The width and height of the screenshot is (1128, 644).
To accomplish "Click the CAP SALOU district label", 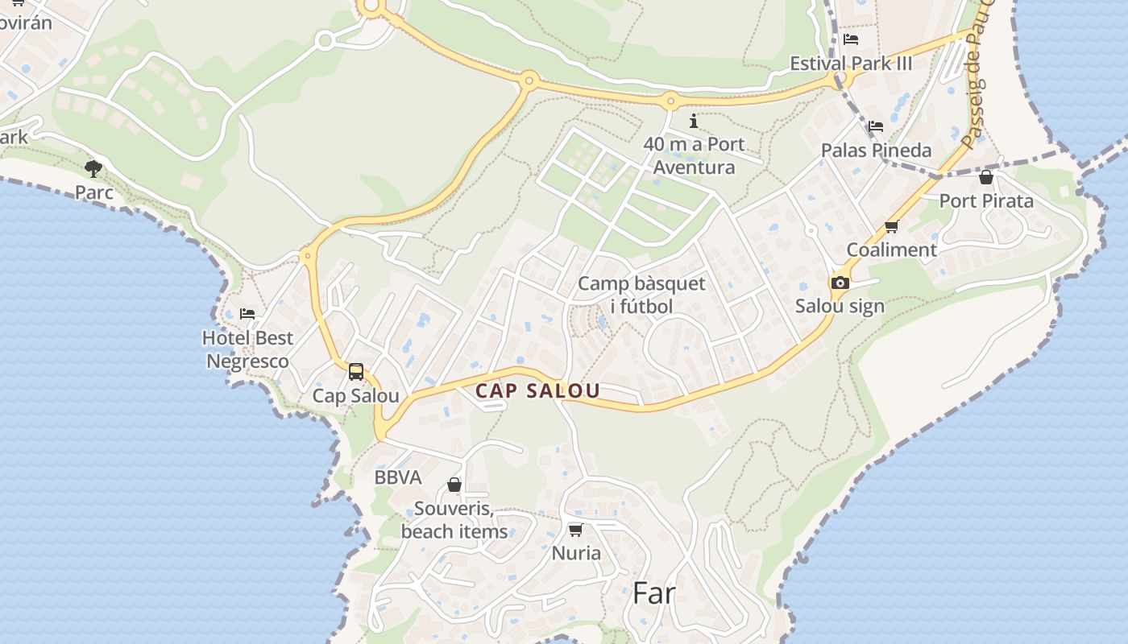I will tap(537, 391).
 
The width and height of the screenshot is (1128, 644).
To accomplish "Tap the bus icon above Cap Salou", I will tap(355, 372).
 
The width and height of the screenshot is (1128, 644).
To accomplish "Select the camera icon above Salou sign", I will tap(840, 283).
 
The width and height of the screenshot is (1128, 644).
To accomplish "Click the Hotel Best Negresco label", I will tap(247, 349).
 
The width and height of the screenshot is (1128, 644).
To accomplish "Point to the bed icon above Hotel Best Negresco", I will tap(247, 313).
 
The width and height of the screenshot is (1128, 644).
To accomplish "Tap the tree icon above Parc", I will tap(93, 168).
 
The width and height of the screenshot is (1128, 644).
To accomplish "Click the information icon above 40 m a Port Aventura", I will tap(694, 122).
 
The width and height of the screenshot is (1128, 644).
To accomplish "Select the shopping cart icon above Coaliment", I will tap(891, 227).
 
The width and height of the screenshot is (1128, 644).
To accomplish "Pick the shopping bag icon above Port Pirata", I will tap(985, 177).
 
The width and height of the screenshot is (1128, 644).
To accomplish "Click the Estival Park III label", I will tap(851, 64).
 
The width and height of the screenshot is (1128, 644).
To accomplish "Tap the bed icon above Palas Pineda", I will tap(876, 126).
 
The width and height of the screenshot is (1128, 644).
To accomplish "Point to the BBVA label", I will tap(398, 477).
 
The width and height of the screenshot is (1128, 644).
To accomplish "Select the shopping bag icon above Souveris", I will tap(454, 485).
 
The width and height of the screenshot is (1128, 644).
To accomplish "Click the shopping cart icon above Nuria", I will tap(575, 530).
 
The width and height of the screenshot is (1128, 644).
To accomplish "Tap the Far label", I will tap(653, 593).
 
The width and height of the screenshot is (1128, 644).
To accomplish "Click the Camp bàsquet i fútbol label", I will tap(641, 295).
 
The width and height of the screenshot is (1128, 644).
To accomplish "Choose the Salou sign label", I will tap(840, 306).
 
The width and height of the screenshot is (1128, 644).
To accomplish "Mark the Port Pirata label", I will tap(986, 200).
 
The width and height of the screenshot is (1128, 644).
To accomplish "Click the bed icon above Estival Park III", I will tap(851, 39).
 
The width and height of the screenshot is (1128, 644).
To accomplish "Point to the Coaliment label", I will tap(891, 250).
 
